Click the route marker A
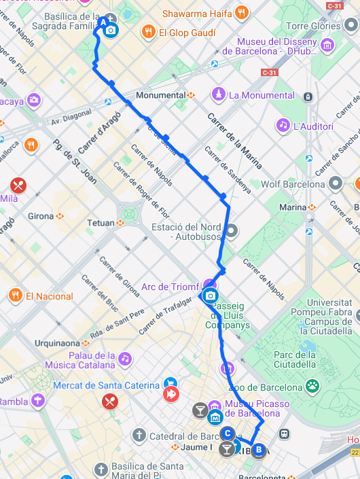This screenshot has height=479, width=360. point(104,22)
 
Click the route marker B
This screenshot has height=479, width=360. point(258,448)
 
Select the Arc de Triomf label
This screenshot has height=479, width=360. point(170,287)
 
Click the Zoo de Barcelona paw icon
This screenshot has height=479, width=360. point(312,386)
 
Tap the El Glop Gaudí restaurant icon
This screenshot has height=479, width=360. point(147,31)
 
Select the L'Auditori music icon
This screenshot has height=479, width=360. point(283,125)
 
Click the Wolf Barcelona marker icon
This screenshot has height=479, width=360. point(335,183)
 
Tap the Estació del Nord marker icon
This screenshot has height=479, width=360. point(232,231)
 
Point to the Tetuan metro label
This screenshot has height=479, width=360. point(101,223)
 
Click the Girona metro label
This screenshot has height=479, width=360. point(41,216)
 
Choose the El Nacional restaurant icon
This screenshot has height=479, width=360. point(15,295)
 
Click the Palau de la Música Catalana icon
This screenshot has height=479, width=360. point(125,357)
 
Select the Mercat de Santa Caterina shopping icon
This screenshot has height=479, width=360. point(170,385)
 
